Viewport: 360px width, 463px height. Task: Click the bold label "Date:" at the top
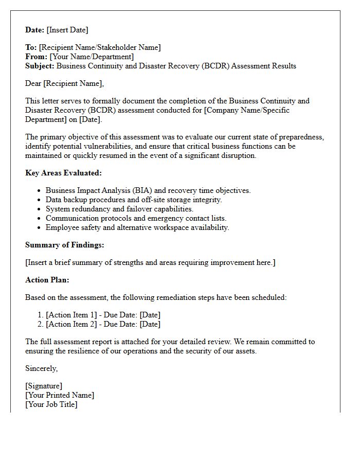35,30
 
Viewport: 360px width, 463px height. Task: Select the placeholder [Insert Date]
67,30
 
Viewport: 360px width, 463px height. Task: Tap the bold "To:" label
31,47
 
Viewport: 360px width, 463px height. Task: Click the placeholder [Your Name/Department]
92,57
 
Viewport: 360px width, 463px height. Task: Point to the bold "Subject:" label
40,66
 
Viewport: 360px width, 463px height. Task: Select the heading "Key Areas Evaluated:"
63,173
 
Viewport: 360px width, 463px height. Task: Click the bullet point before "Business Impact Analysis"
39,191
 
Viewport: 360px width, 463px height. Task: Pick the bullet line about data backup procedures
134,200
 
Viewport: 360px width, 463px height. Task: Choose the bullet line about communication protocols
136,218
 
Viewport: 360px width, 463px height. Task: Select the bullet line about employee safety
137,227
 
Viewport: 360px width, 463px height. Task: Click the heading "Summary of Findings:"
64,245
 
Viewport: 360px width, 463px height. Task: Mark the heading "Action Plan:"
47,280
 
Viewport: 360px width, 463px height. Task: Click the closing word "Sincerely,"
42,368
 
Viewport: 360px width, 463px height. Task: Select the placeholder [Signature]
44,386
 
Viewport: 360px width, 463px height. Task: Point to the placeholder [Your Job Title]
51,404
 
